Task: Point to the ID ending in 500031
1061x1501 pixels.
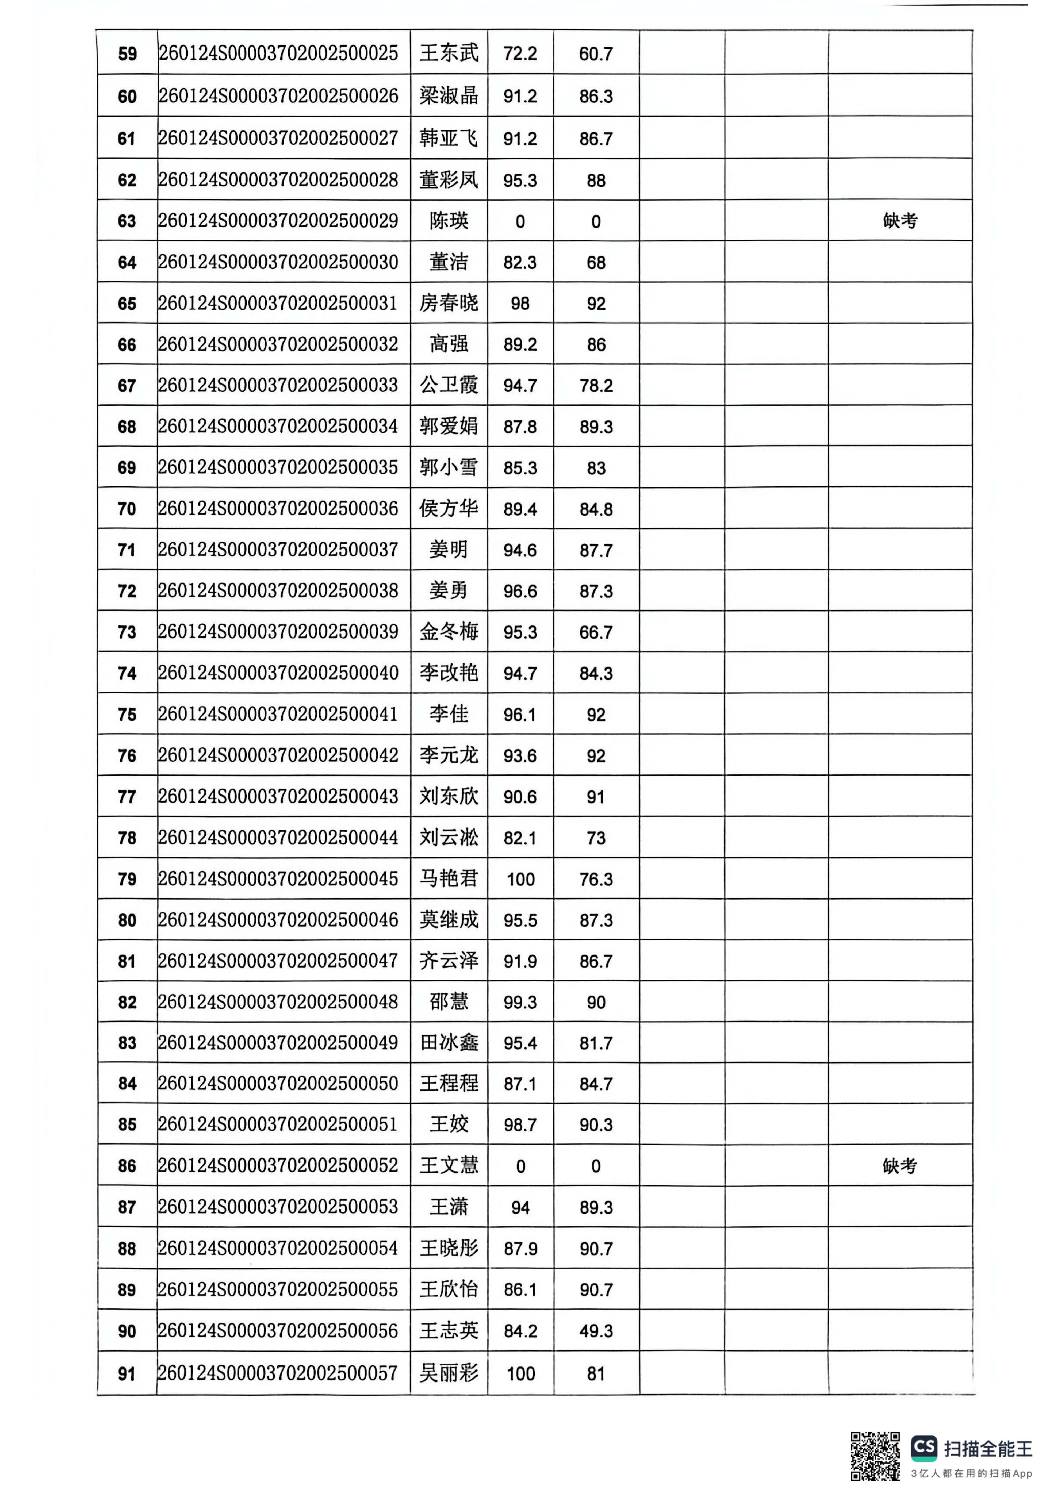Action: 278,303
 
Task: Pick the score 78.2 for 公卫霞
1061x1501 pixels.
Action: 596,386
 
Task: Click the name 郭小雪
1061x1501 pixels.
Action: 449,467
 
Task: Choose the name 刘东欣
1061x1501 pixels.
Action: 449,796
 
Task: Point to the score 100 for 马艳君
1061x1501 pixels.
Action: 520,879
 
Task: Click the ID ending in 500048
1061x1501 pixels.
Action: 278,1001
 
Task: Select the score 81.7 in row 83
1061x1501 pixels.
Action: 596,1043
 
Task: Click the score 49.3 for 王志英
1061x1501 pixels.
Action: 596,1331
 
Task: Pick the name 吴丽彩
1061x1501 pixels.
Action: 449,1373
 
